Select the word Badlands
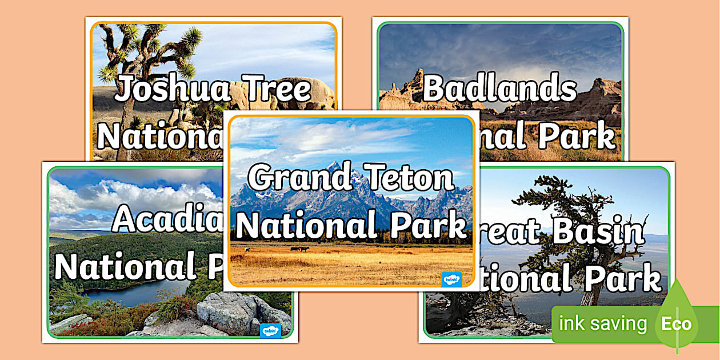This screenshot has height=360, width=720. point(499,89)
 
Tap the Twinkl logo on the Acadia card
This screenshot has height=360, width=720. point(269,331)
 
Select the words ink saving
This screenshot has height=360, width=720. point(602,324)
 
